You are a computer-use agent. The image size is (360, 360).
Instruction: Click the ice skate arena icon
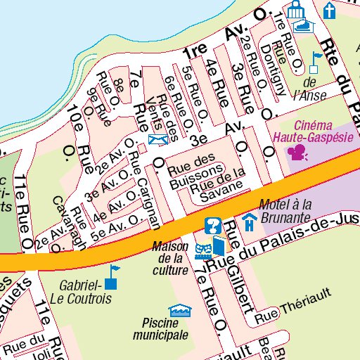coord(304,25)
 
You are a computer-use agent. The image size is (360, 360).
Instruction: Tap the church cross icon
coord(329,9)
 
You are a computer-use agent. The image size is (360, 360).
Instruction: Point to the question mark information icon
coord(211,226)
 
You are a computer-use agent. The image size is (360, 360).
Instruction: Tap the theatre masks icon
coord(203,249)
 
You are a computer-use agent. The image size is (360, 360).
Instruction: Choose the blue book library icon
coord(219,246)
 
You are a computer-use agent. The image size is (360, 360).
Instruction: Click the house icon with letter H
coord(249,224)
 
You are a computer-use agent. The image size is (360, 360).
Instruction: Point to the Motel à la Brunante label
coord(285,212)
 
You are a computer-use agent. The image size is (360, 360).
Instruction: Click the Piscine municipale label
coord(165,329)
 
